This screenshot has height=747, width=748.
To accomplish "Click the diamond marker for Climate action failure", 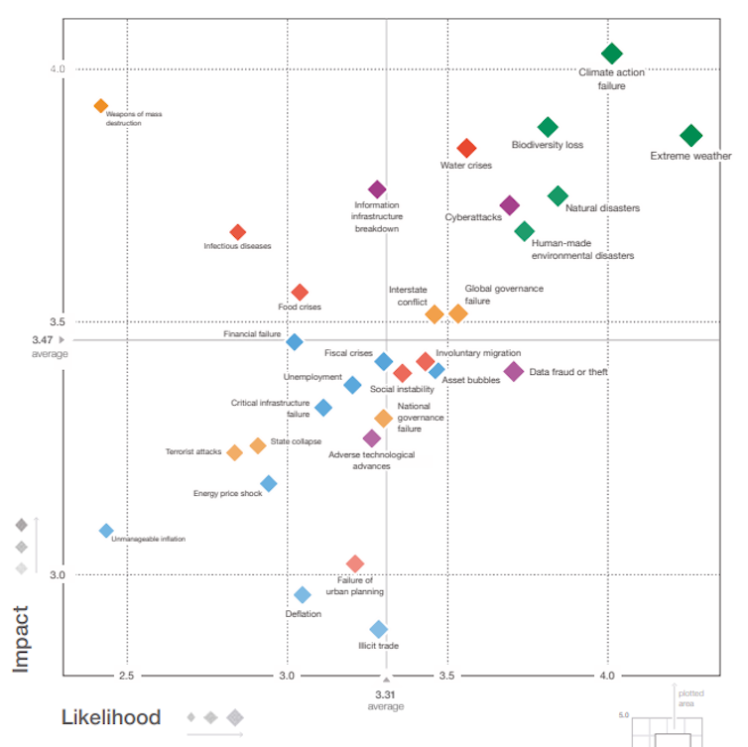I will click(x=612, y=54).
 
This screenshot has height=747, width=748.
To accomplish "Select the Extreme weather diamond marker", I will click(x=691, y=136).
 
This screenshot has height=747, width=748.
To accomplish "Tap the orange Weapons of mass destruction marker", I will click(x=100, y=106).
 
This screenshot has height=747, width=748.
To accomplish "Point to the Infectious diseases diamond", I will click(x=237, y=232).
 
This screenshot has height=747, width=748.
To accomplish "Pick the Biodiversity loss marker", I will click(x=548, y=127).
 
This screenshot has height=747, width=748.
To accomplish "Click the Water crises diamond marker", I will click(x=466, y=149).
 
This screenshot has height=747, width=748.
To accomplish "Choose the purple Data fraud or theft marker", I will click(x=513, y=372).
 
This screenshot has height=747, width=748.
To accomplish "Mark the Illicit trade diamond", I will click(x=378, y=629).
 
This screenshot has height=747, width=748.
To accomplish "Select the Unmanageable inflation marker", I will click(x=106, y=531).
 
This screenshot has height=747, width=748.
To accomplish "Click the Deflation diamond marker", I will click(x=303, y=595).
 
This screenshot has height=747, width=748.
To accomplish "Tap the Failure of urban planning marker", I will click(x=355, y=564).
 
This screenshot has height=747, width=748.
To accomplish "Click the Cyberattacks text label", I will click(x=473, y=217).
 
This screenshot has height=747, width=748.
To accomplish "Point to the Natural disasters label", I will click(x=602, y=208).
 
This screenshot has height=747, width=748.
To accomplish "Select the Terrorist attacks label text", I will click(x=193, y=452).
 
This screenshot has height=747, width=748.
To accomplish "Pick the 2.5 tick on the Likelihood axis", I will click(x=126, y=676).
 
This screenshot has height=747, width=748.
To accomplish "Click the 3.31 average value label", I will click(x=386, y=694).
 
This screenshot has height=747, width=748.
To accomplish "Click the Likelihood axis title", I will click(x=111, y=717).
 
